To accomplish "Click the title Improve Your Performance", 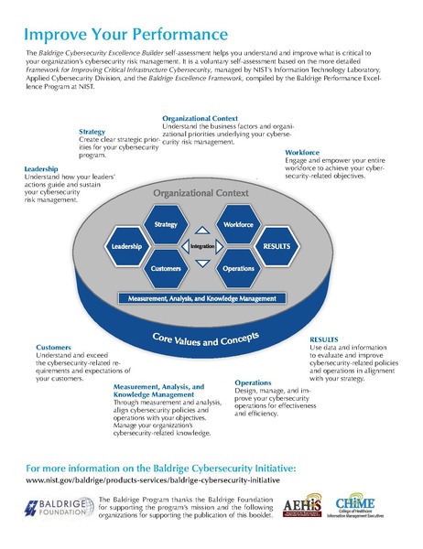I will pos(125,35).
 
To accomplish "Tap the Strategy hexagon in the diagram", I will pos(166,224).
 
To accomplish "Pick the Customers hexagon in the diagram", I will pos(166,270).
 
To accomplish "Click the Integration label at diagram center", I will pos(202,247).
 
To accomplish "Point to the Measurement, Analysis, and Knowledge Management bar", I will pos(202,298).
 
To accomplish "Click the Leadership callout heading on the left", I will pos(42,170).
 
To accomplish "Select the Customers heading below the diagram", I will pos(52,348).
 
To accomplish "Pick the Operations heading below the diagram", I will pos(253,382).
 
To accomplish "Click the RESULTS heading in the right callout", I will pos(325,339).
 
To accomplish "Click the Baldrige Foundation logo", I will pos(56,508).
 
